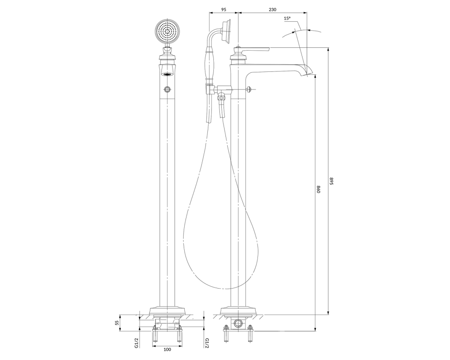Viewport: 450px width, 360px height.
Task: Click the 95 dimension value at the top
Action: coord(224,9)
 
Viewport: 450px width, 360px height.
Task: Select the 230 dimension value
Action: coord(272,9)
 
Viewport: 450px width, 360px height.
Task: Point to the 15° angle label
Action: coord(287,18)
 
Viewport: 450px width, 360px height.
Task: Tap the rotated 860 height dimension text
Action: coord(318,189)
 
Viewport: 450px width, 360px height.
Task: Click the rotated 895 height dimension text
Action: coord(331,181)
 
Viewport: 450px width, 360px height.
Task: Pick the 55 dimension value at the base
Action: coord(117,323)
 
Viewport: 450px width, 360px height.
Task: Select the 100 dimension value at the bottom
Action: coord(167,349)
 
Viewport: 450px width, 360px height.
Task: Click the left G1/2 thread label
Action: coord(136,343)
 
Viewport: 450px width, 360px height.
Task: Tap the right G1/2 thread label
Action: coord(206,343)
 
